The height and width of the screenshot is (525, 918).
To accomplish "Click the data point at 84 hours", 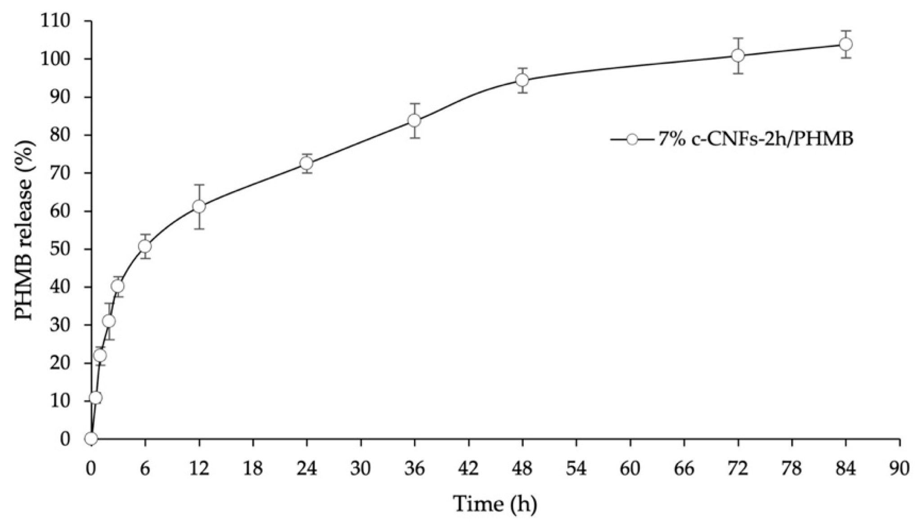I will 846,44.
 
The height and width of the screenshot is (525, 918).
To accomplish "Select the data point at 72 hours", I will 738,55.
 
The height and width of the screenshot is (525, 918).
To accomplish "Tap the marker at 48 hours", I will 522,80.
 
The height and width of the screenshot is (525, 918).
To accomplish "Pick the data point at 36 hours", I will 414,121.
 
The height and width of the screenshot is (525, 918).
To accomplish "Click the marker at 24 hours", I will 306,163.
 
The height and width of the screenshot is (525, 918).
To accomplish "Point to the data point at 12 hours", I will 199,206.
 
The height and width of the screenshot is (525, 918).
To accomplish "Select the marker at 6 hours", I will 145,246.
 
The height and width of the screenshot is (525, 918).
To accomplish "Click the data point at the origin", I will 91,438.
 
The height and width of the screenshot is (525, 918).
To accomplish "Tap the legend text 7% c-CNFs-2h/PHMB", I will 756,139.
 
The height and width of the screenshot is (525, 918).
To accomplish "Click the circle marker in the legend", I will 632,139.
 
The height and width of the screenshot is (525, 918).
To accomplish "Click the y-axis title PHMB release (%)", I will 23,229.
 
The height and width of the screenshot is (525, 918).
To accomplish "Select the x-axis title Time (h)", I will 495,504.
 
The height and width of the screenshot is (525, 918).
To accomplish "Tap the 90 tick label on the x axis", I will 900,469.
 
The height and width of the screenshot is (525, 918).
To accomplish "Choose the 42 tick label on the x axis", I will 468,469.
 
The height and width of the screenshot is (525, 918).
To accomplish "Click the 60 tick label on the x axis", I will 630,469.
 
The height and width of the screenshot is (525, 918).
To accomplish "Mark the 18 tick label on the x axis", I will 253,469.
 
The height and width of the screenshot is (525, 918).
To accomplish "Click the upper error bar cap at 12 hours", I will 199,184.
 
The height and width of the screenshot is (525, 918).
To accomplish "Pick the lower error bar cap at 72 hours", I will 738,73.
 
